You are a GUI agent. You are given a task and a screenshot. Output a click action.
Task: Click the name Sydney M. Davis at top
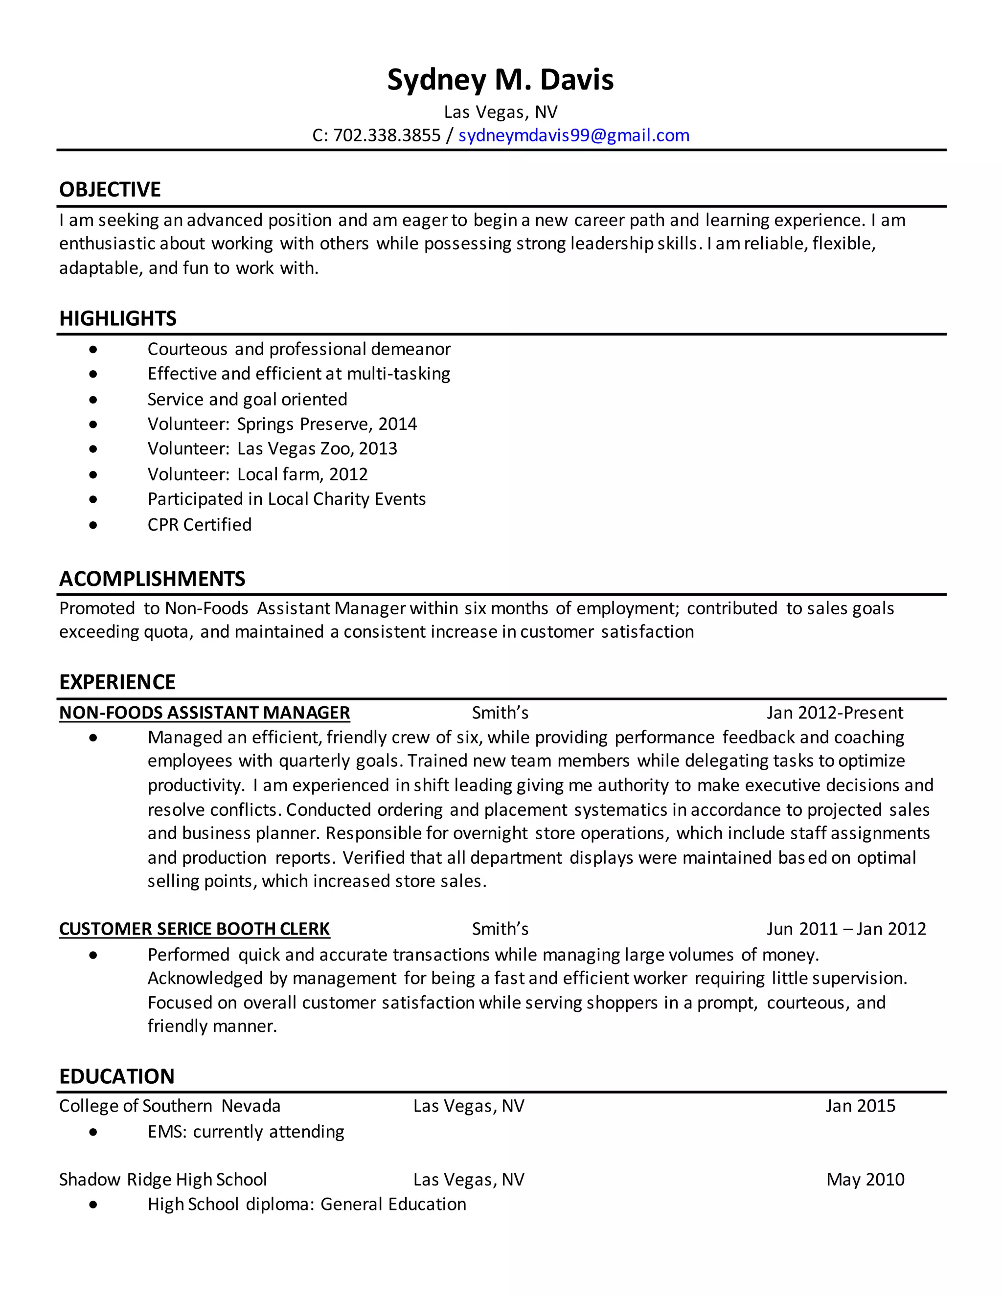(501, 80)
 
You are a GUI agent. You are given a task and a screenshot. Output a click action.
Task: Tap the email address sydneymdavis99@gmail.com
(573, 136)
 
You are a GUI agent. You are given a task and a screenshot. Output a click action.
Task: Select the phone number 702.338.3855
(387, 136)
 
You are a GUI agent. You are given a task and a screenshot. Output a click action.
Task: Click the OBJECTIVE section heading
(110, 190)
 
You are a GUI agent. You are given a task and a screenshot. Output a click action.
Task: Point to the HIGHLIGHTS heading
(117, 319)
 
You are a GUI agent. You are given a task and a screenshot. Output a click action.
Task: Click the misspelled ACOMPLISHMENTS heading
(152, 579)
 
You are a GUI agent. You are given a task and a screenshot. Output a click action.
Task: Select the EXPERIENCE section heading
(117, 682)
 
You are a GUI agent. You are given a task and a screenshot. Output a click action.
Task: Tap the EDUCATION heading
(116, 1076)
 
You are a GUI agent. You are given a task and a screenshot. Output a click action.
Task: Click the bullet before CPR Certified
(93, 525)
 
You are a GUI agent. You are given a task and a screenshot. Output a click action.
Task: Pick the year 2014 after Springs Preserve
(397, 425)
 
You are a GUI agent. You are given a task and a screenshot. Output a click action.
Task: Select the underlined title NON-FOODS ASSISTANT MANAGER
(204, 713)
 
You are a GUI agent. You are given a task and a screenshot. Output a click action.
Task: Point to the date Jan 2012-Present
(834, 713)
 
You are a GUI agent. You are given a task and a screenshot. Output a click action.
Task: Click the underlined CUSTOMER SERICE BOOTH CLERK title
(194, 929)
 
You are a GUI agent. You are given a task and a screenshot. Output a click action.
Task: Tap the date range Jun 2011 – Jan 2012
(846, 929)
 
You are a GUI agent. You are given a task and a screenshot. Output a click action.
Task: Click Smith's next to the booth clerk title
(500, 929)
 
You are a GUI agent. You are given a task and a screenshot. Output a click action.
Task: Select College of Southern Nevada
(170, 1106)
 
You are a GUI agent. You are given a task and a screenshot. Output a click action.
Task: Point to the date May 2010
(865, 1180)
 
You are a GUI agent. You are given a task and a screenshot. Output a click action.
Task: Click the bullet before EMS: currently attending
(93, 1132)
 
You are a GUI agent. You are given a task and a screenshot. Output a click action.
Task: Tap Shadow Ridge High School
(162, 1180)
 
